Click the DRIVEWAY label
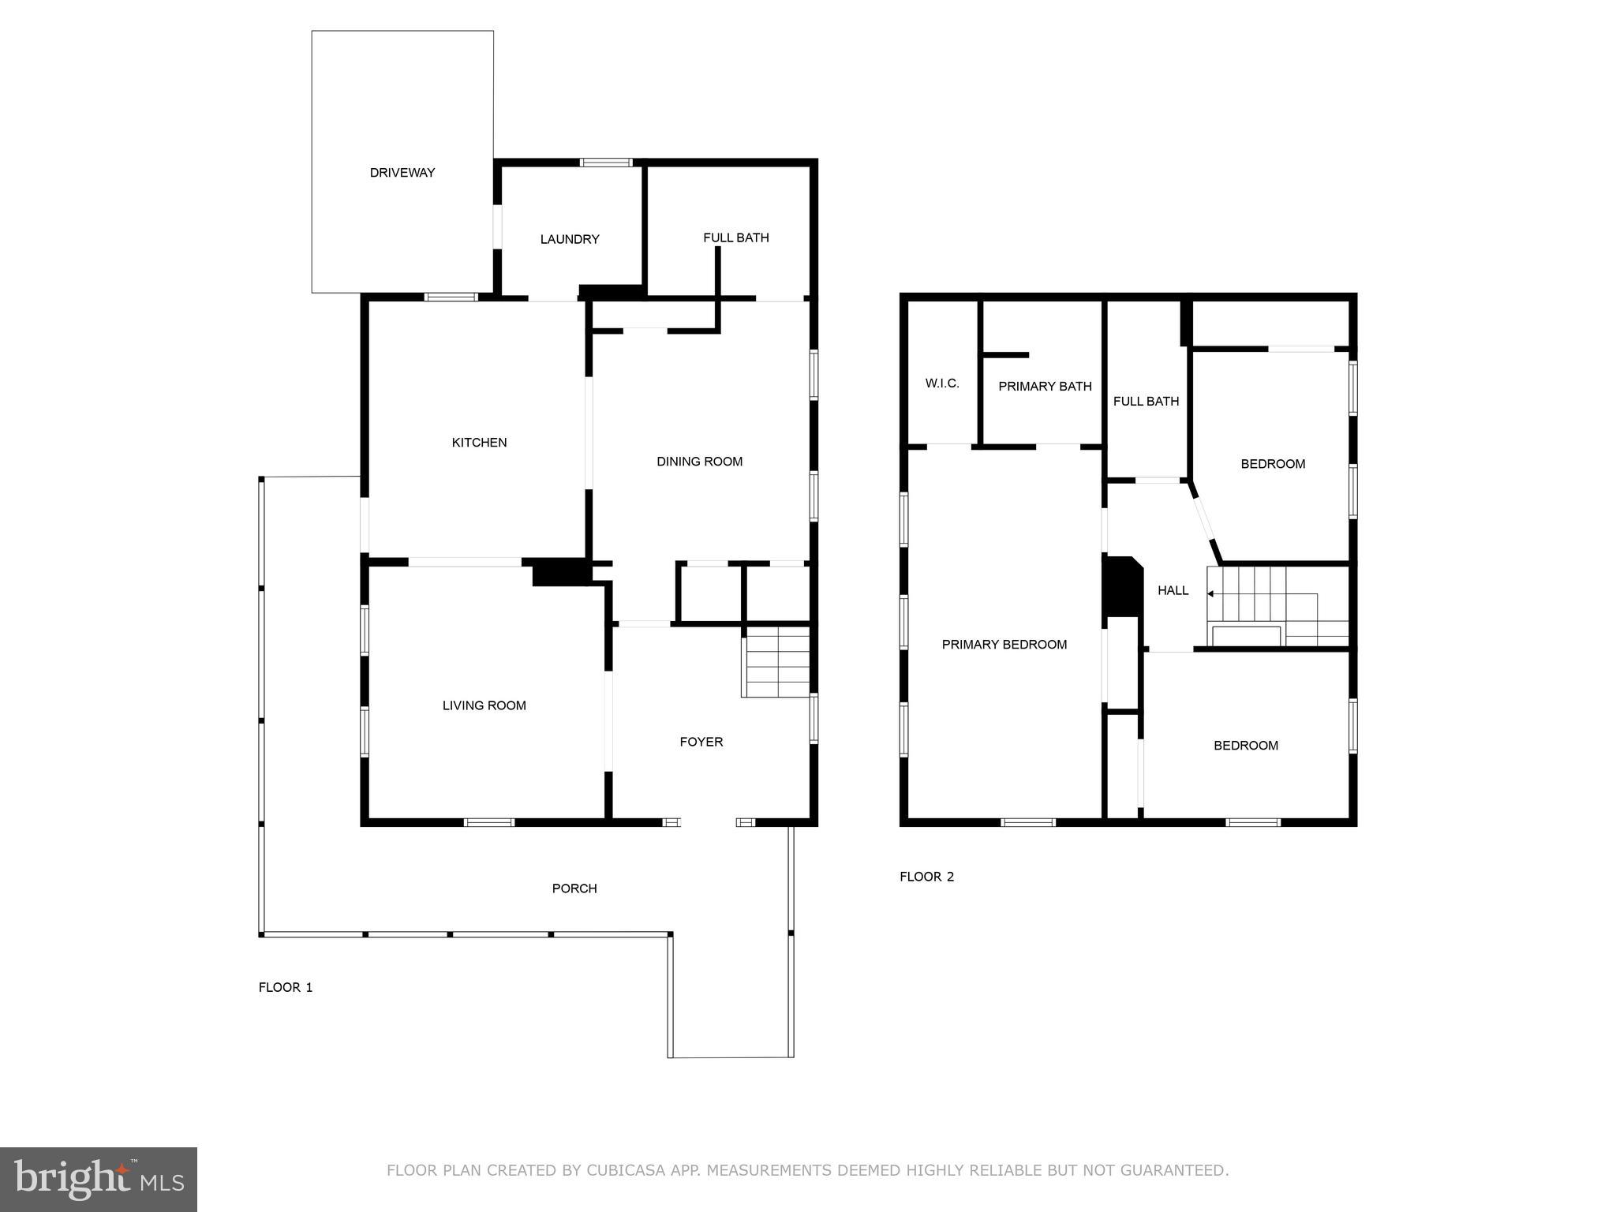(x=402, y=173)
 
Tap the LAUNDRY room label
(x=570, y=239)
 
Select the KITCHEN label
(x=479, y=443)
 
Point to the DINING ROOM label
(x=699, y=462)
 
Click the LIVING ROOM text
(x=484, y=705)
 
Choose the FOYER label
(x=701, y=742)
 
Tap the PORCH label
(x=574, y=888)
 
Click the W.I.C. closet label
(x=942, y=383)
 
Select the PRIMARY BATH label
(x=1045, y=387)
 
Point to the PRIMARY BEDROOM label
(x=1004, y=645)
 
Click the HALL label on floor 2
(x=1173, y=590)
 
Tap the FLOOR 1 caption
(x=286, y=987)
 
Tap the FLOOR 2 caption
(x=926, y=877)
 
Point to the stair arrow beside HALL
(x=1210, y=593)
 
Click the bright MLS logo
(x=99, y=1179)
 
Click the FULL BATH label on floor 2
(x=1146, y=402)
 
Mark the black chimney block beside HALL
(x=1121, y=587)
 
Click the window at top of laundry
(x=606, y=163)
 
